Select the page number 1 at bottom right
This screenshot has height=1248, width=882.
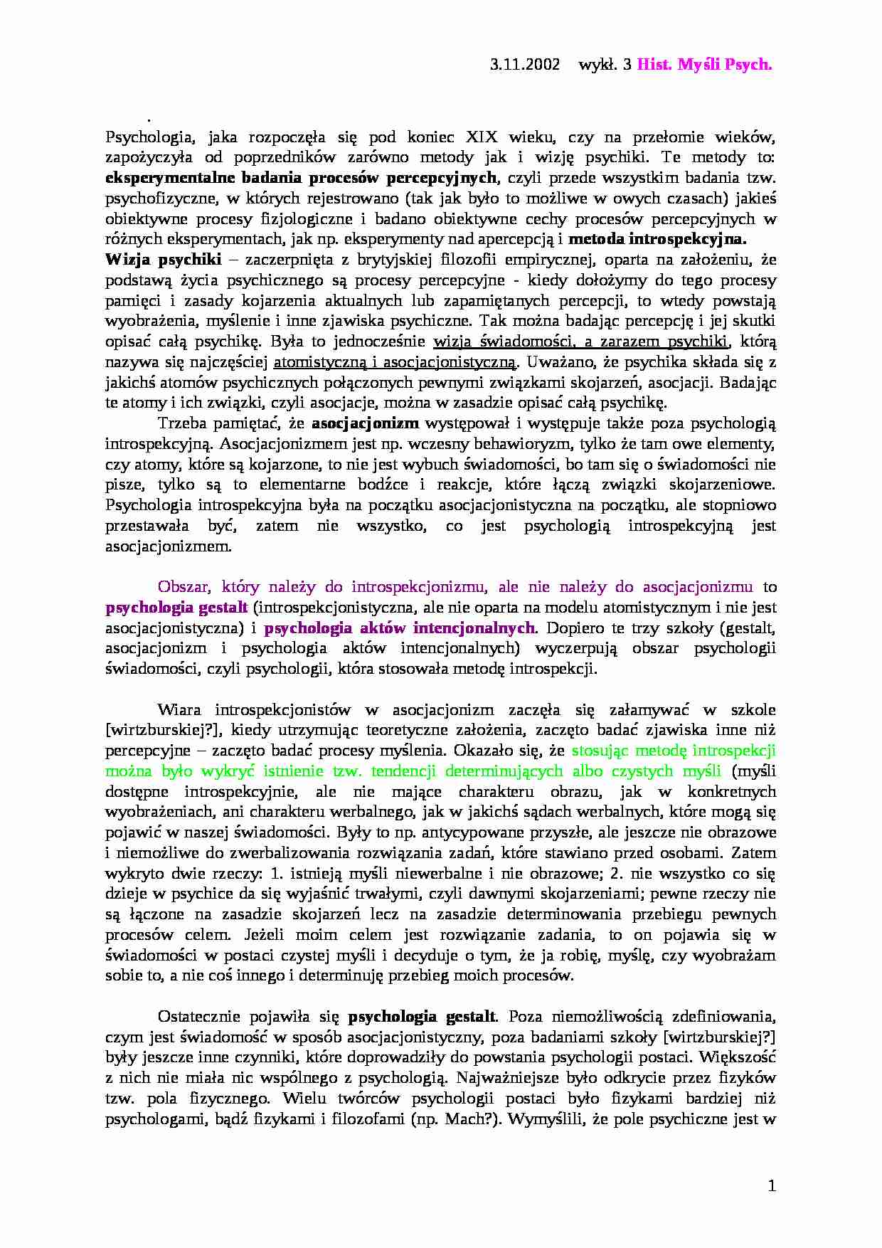[772, 1186]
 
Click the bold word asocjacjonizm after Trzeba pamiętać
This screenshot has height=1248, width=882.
[365, 423]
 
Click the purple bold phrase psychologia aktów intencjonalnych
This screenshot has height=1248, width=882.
[400, 628]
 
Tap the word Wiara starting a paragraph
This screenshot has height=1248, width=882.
[179, 710]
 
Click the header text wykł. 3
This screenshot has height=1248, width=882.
[606, 65]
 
